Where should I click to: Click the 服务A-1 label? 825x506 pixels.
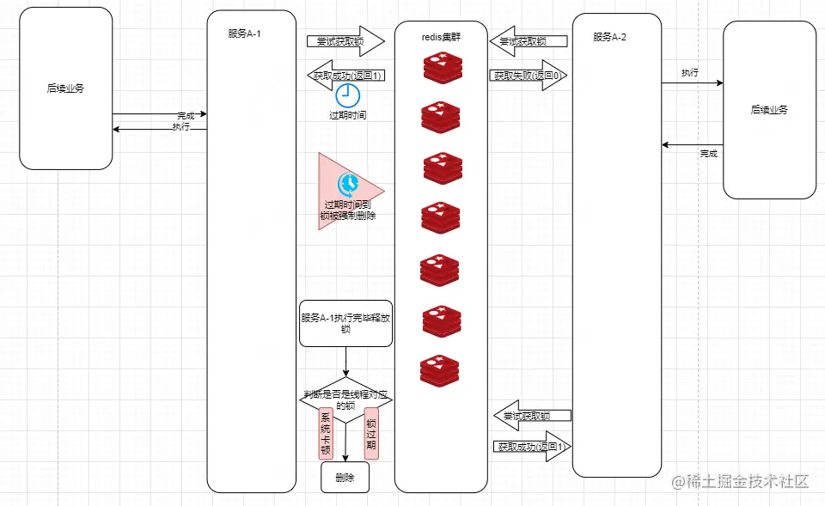244,34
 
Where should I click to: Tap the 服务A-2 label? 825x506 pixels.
609,37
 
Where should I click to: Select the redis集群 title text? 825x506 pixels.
441,38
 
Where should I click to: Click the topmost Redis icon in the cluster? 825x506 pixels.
442,68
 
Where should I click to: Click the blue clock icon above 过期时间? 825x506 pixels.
347,94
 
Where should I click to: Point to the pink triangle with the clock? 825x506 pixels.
344,192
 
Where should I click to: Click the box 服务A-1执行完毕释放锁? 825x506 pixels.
345,323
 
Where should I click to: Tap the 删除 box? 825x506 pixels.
345,478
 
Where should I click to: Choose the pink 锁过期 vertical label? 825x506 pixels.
371,434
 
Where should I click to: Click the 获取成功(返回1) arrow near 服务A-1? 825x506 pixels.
345,75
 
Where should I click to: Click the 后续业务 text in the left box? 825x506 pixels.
65,88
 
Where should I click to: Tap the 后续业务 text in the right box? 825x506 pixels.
769,110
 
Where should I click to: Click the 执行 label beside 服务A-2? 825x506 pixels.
689,73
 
